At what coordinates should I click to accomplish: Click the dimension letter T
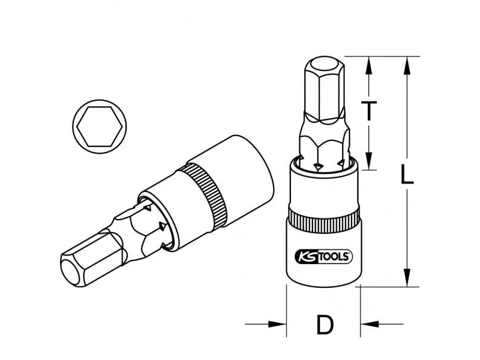[369, 110]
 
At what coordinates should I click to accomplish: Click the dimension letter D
[325, 325]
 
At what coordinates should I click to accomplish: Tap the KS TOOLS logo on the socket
[323, 257]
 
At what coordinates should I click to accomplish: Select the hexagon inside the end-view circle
[100, 127]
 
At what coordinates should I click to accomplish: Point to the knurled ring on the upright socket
[323, 219]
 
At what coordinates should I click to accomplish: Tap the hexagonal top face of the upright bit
[325, 66]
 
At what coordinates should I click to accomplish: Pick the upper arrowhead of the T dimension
[369, 65]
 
